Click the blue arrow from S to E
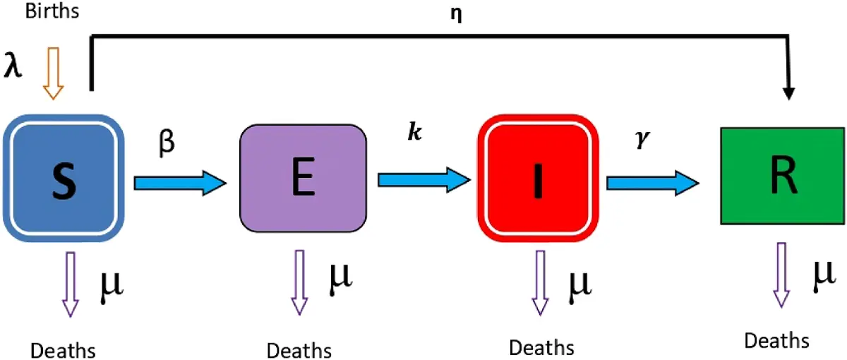[x=181, y=183]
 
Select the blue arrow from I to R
[x=653, y=183]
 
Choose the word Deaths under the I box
[x=541, y=347]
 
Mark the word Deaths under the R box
[x=777, y=341]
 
